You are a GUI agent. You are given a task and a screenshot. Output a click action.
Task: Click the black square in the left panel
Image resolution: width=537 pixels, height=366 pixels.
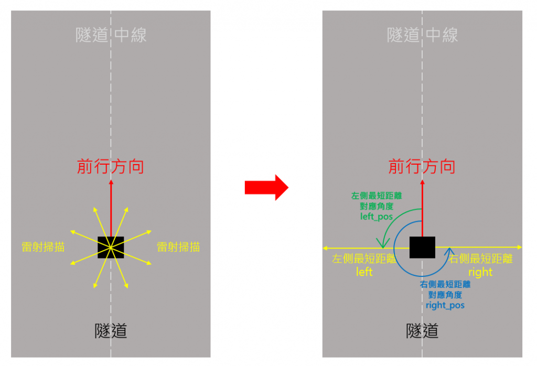[111, 247]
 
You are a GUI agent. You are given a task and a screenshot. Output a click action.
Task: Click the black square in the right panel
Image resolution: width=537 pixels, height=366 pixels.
[422, 247]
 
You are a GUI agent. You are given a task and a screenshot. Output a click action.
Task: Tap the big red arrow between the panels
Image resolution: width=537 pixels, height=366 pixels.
[266, 187]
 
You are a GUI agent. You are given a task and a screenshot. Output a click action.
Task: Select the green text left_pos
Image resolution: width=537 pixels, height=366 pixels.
[376, 216]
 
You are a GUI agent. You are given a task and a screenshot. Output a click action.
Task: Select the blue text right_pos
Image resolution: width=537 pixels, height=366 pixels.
[445, 305]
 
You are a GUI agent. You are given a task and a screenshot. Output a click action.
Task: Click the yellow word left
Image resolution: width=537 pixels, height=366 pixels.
[364, 272]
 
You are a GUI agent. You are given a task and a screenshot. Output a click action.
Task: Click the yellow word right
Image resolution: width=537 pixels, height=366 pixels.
[480, 272]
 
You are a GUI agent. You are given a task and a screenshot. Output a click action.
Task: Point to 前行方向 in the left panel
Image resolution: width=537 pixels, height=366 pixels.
[111, 167]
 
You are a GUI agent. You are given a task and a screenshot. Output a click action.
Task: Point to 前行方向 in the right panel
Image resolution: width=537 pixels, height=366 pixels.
[422, 167]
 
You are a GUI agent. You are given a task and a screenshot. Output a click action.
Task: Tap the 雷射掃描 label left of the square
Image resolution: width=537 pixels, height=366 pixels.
[43, 247]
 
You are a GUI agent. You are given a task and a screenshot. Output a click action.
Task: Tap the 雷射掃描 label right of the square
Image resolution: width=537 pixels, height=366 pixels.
[178, 247]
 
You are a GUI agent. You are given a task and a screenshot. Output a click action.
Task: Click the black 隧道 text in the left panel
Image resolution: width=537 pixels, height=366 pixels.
[111, 331]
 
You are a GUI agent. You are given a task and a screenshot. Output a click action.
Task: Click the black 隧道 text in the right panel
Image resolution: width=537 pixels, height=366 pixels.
[422, 331]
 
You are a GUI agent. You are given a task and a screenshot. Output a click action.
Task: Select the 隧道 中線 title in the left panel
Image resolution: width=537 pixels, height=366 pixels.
[111, 35]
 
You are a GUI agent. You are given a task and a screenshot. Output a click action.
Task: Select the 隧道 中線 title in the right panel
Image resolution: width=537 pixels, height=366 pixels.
[422, 35]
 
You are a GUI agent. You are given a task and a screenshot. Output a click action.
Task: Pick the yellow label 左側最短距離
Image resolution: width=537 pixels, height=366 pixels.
[364, 259]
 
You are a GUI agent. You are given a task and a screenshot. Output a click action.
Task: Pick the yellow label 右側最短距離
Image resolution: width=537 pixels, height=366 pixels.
[480, 259]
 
